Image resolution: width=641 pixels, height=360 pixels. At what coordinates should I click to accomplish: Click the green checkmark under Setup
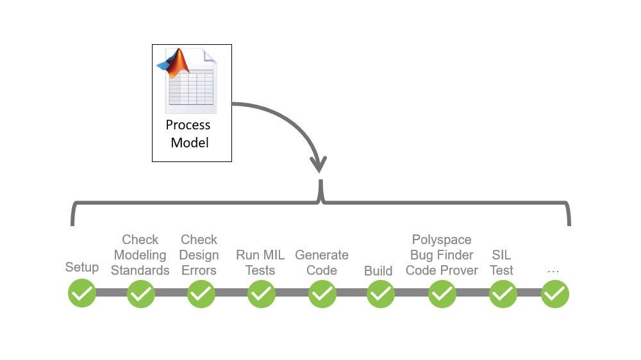click(x=82, y=294)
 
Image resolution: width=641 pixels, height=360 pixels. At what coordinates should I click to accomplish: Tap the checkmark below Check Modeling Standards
click(x=140, y=294)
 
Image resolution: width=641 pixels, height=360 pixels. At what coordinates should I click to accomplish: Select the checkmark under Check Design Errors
click(x=201, y=294)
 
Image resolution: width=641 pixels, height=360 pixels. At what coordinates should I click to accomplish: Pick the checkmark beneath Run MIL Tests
click(x=261, y=294)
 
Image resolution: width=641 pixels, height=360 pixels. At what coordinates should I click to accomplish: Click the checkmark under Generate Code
click(x=322, y=294)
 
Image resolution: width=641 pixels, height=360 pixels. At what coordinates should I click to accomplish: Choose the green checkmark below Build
click(x=380, y=294)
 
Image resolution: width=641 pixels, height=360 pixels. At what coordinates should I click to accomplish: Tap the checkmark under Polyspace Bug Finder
click(x=442, y=294)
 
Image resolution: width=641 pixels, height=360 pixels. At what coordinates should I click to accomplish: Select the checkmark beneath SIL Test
click(x=503, y=294)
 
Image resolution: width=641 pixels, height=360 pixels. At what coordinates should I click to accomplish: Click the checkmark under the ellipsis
click(x=554, y=294)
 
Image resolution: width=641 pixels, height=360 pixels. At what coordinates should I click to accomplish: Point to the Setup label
click(x=82, y=267)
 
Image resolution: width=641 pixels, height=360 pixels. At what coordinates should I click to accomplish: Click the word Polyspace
click(x=442, y=240)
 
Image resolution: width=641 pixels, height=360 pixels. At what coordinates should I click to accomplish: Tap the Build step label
click(x=378, y=271)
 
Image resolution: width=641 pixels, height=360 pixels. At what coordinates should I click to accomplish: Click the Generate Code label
click(x=322, y=263)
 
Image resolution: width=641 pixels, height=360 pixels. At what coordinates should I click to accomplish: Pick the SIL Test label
click(x=501, y=263)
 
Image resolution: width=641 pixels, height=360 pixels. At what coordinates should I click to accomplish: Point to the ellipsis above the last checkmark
click(x=553, y=271)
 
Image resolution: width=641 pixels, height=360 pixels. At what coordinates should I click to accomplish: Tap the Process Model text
click(x=189, y=134)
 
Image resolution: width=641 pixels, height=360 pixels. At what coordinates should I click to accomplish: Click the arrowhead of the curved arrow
click(x=319, y=164)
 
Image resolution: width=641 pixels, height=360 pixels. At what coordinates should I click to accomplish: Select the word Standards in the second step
click(x=140, y=270)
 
